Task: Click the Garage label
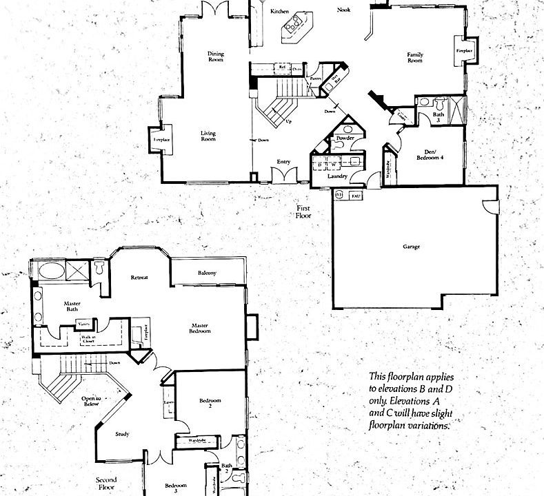coord(412,247)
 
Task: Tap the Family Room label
coord(414,58)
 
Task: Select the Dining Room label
coord(216,57)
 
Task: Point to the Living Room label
coord(208,136)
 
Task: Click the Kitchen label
coord(279,12)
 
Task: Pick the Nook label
coord(343,10)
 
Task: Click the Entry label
coord(283,162)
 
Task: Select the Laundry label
coord(337,176)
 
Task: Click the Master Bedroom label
coord(201,328)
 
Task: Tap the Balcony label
coord(207,273)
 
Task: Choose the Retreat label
coord(140,278)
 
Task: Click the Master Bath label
coord(72,307)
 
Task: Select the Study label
coord(122,434)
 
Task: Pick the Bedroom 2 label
coord(210,403)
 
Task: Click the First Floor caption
coord(304,211)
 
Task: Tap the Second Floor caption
coord(106,483)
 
